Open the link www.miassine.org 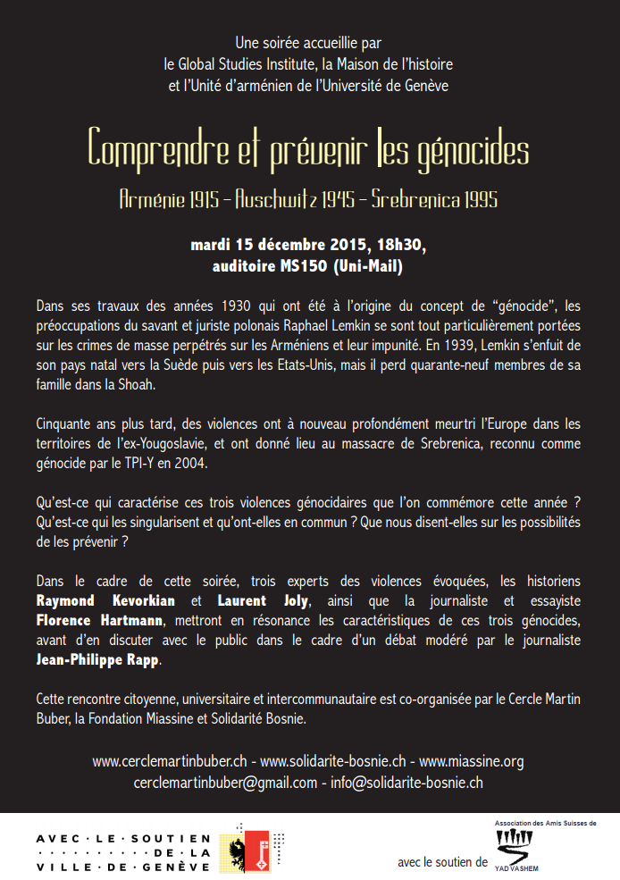coord(471,762)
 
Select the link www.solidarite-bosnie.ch coord(332,762)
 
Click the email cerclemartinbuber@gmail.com coord(225,783)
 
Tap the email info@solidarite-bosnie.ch coord(407,783)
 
